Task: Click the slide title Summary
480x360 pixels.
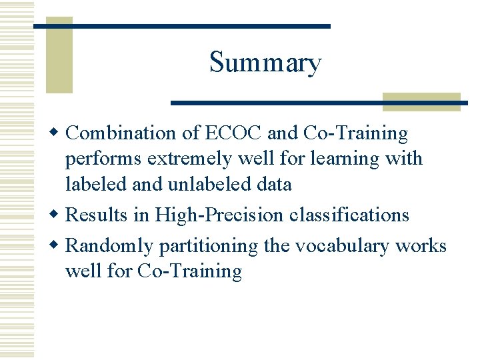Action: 265,63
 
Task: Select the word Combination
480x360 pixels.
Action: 122,133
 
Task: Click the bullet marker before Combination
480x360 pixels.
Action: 57,133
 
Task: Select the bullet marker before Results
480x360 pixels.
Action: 57,215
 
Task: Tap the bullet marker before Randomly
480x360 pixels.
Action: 57,246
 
